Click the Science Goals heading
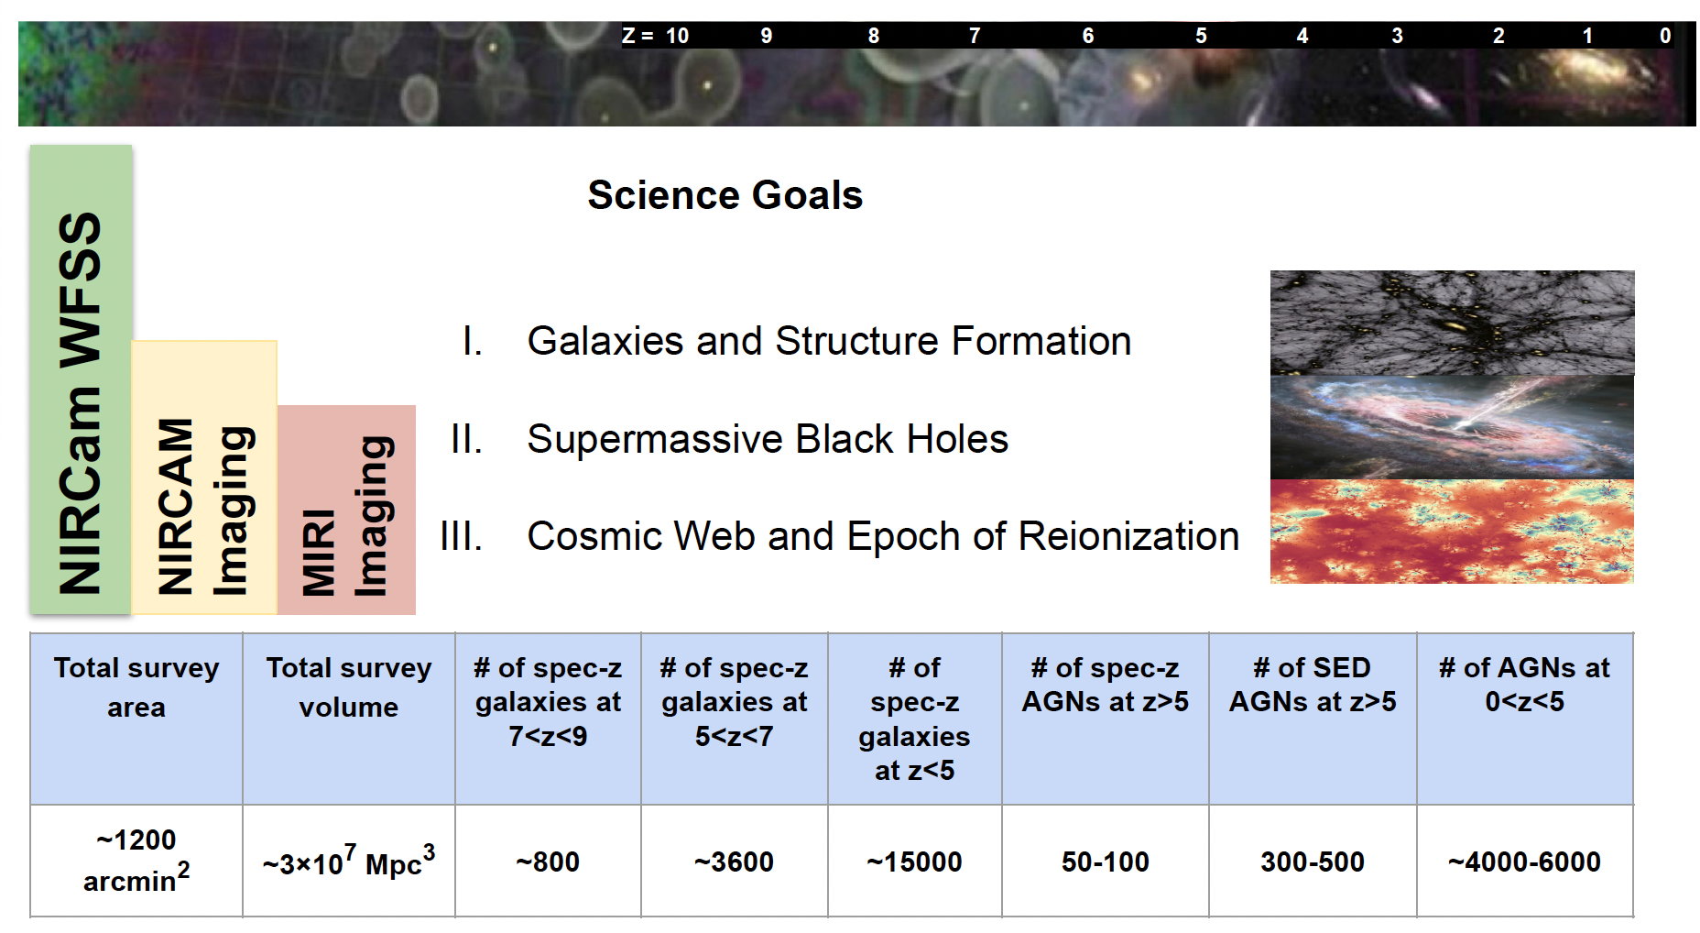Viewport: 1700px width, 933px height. click(x=725, y=195)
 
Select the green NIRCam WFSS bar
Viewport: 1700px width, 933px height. click(x=81, y=379)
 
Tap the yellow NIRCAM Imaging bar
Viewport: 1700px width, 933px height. click(x=204, y=477)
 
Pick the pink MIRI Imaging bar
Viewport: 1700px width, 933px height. click(x=346, y=510)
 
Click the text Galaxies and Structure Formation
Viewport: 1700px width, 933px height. click(x=829, y=341)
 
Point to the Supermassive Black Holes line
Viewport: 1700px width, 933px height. click(x=768, y=439)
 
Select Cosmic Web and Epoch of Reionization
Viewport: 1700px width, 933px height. click(x=883, y=536)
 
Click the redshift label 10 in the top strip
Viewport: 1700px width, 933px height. click(x=677, y=36)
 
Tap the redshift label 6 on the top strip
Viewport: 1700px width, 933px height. click(x=1088, y=36)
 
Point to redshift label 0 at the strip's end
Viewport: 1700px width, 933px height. click(x=1665, y=36)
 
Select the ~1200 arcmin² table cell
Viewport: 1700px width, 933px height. click(x=136, y=861)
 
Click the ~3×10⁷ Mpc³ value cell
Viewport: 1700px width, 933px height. click(x=349, y=861)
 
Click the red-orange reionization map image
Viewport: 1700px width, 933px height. click(x=1452, y=532)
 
